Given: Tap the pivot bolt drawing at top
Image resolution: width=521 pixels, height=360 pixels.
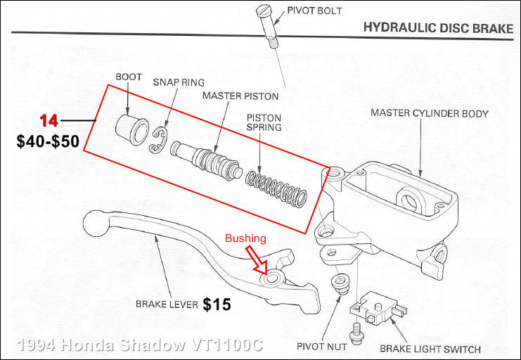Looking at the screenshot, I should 271,25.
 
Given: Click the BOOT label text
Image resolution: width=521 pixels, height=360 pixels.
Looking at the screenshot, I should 129,77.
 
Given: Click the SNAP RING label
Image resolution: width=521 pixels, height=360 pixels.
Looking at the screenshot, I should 179,82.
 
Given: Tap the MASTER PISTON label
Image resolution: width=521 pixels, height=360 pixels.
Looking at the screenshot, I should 240,96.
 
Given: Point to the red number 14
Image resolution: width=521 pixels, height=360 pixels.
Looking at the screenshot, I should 49,120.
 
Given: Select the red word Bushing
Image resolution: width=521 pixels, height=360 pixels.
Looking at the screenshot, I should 245,238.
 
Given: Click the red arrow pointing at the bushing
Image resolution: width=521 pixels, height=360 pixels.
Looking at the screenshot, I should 258,259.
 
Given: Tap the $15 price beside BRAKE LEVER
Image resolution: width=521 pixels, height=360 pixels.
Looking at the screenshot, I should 217,304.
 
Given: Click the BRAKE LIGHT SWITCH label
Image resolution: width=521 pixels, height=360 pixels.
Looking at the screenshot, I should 430,349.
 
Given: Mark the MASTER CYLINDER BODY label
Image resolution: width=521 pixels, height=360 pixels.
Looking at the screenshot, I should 430,112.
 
